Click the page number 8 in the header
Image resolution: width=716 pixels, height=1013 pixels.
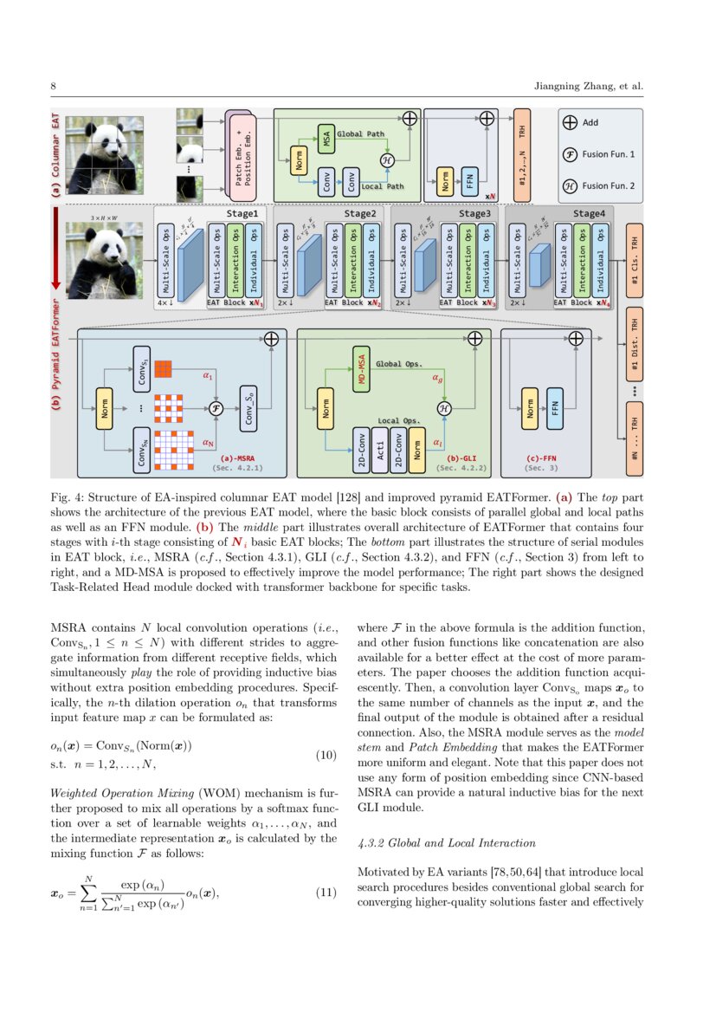coord(54,87)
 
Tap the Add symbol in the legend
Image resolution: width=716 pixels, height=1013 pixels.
coord(570,123)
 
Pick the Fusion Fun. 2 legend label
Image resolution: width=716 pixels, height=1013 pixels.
coord(608,185)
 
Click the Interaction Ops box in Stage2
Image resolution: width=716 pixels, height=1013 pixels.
coord(352,259)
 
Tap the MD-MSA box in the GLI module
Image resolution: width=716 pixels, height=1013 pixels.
coord(363,370)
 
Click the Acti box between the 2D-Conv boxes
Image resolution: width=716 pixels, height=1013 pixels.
coord(378,450)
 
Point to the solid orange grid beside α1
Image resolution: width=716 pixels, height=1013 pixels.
coord(164,368)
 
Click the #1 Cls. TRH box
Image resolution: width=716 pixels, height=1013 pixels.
coord(635,261)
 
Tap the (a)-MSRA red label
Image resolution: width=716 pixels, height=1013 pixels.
coord(237,458)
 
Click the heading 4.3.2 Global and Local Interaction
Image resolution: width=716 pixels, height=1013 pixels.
coord(446,842)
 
